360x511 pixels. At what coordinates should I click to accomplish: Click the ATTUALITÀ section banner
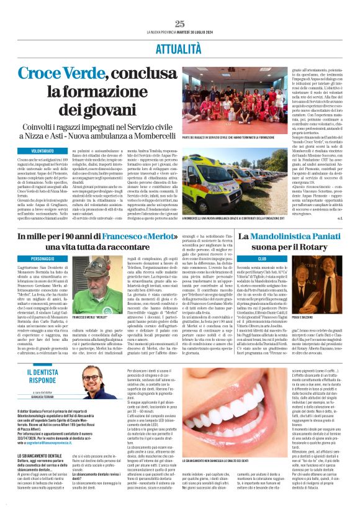pos(180,47)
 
